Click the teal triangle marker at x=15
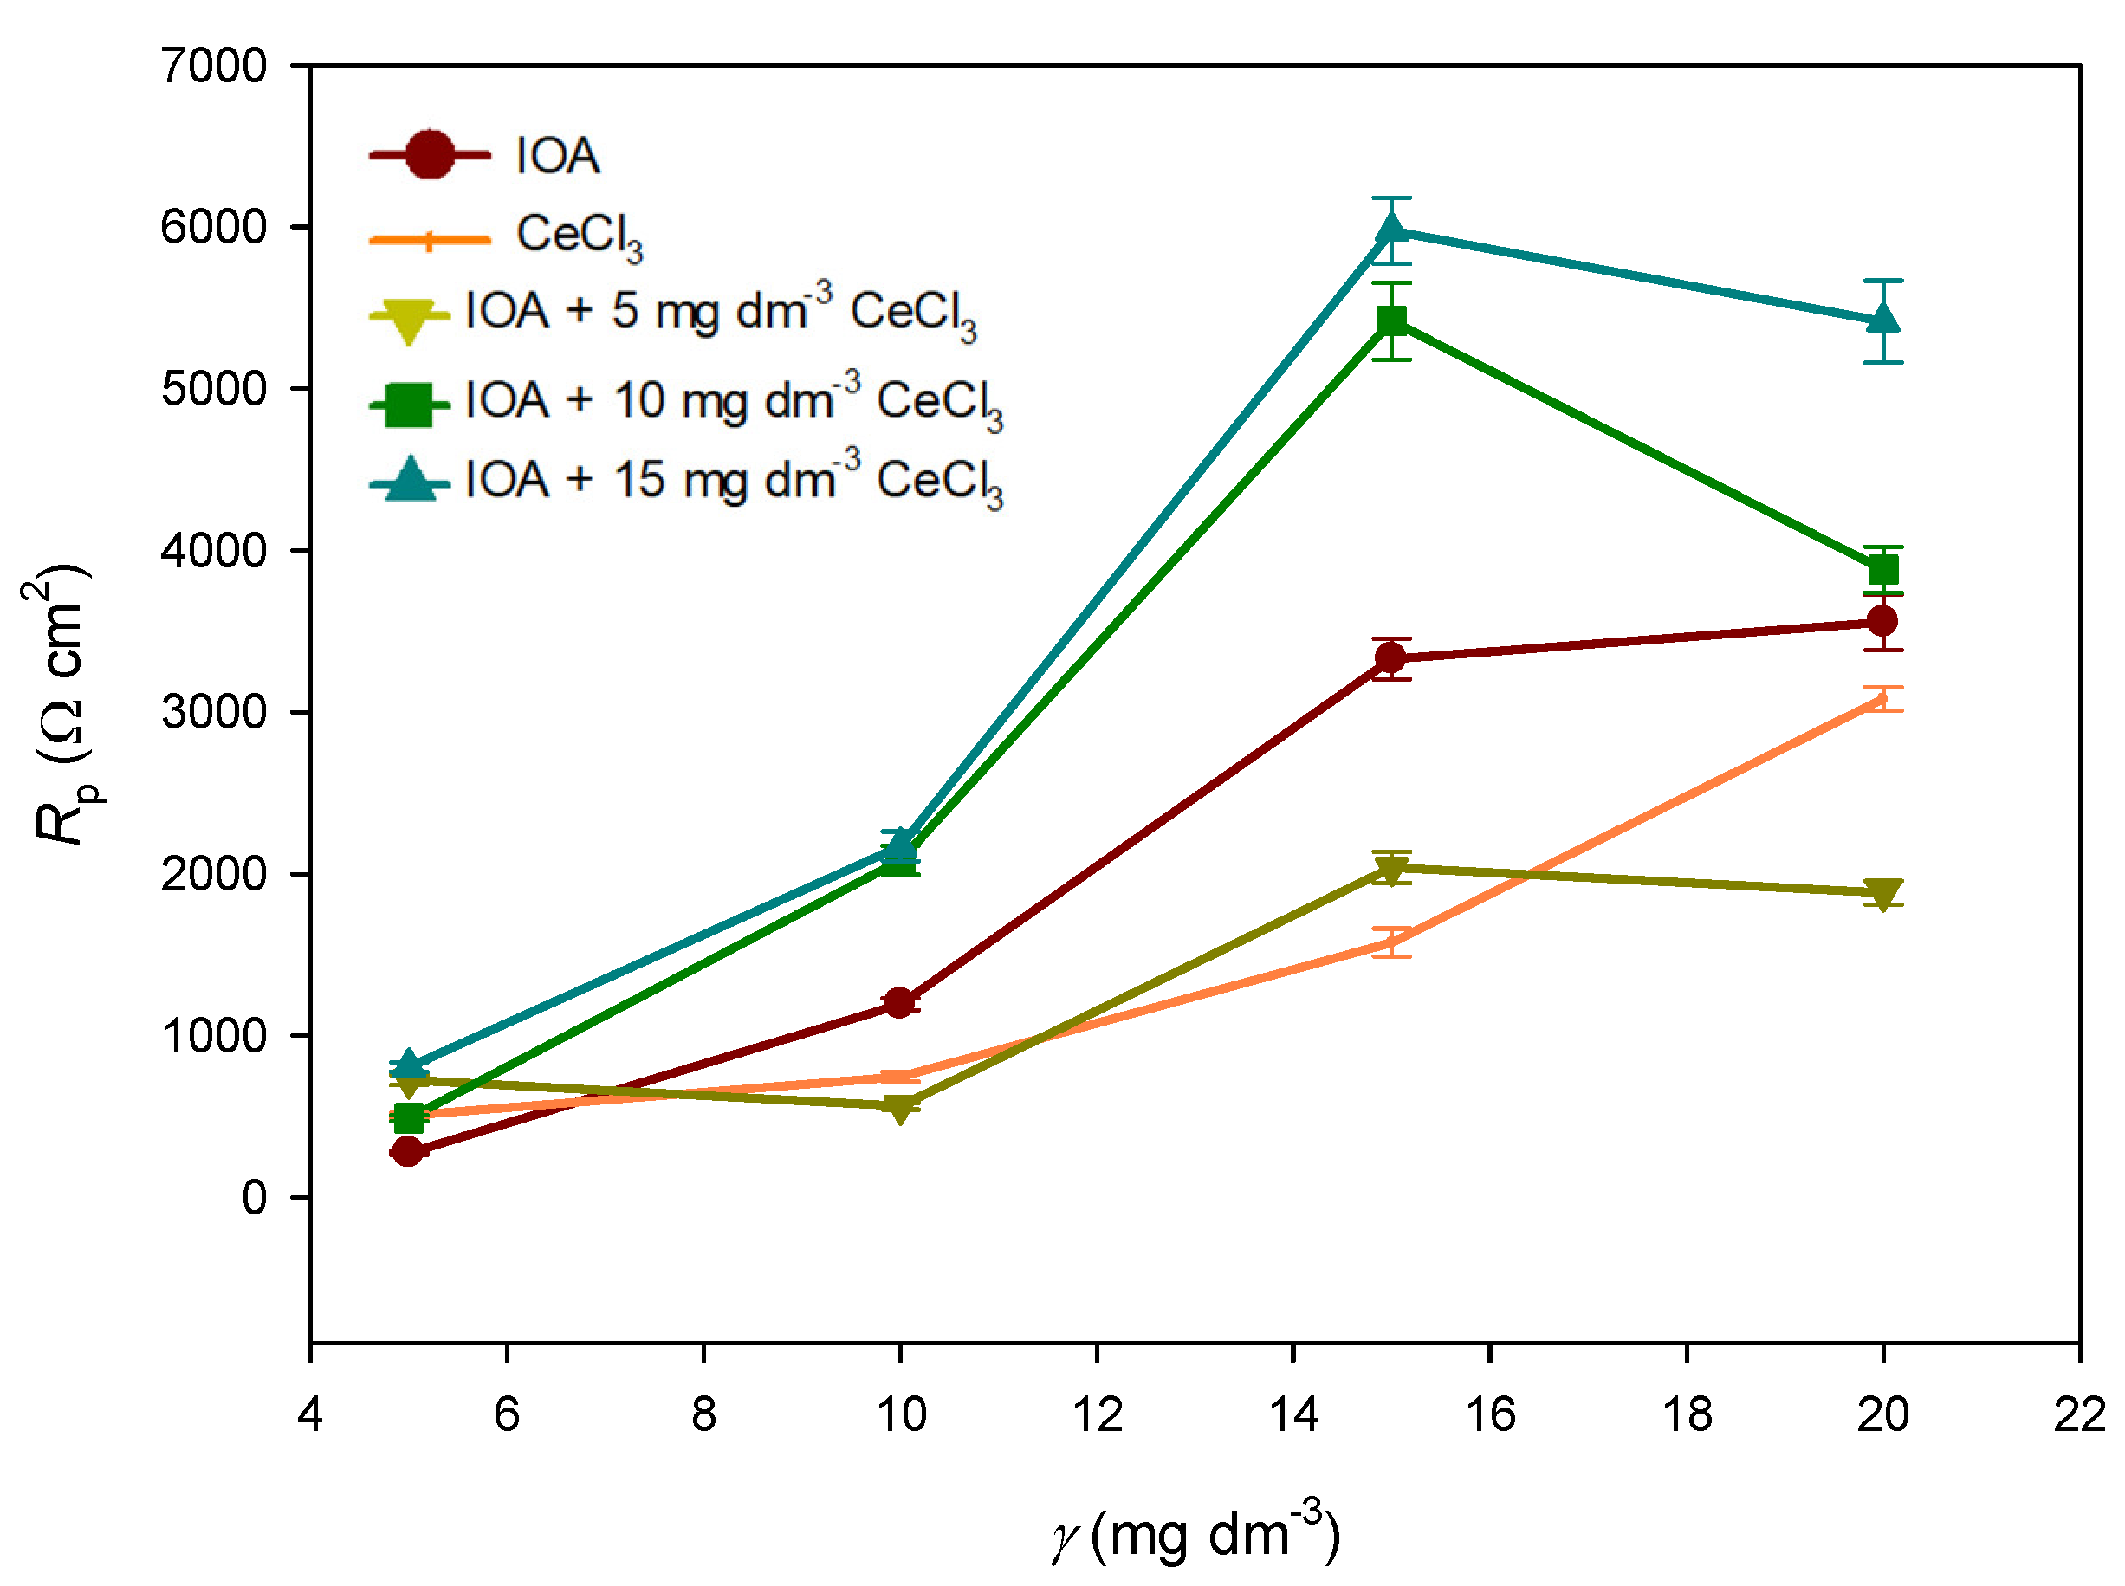pyautogui.click(x=1391, y=230)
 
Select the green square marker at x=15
pyautogui.click(x=1391, y=320)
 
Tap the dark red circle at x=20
pyautogui.click(x=1882, y=621)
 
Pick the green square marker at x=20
pyautogui.click(x=1882, y=571)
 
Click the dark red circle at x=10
pyautogui.click(x=900, y=1003)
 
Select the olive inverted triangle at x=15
pyautogui.click(x=1391, y=870)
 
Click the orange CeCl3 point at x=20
pyautogui.click(x=1882, y=699)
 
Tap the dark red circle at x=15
pyautogui.click(x=1391, y=657)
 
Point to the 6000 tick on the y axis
pyautogui.click(x=213, y=228)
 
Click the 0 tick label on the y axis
pyautogui.click(x=255, y=1198)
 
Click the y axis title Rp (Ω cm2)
pyautogui.click(x=62, y=706)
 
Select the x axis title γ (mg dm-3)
pyautogui.click(x=1195, y=1534)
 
